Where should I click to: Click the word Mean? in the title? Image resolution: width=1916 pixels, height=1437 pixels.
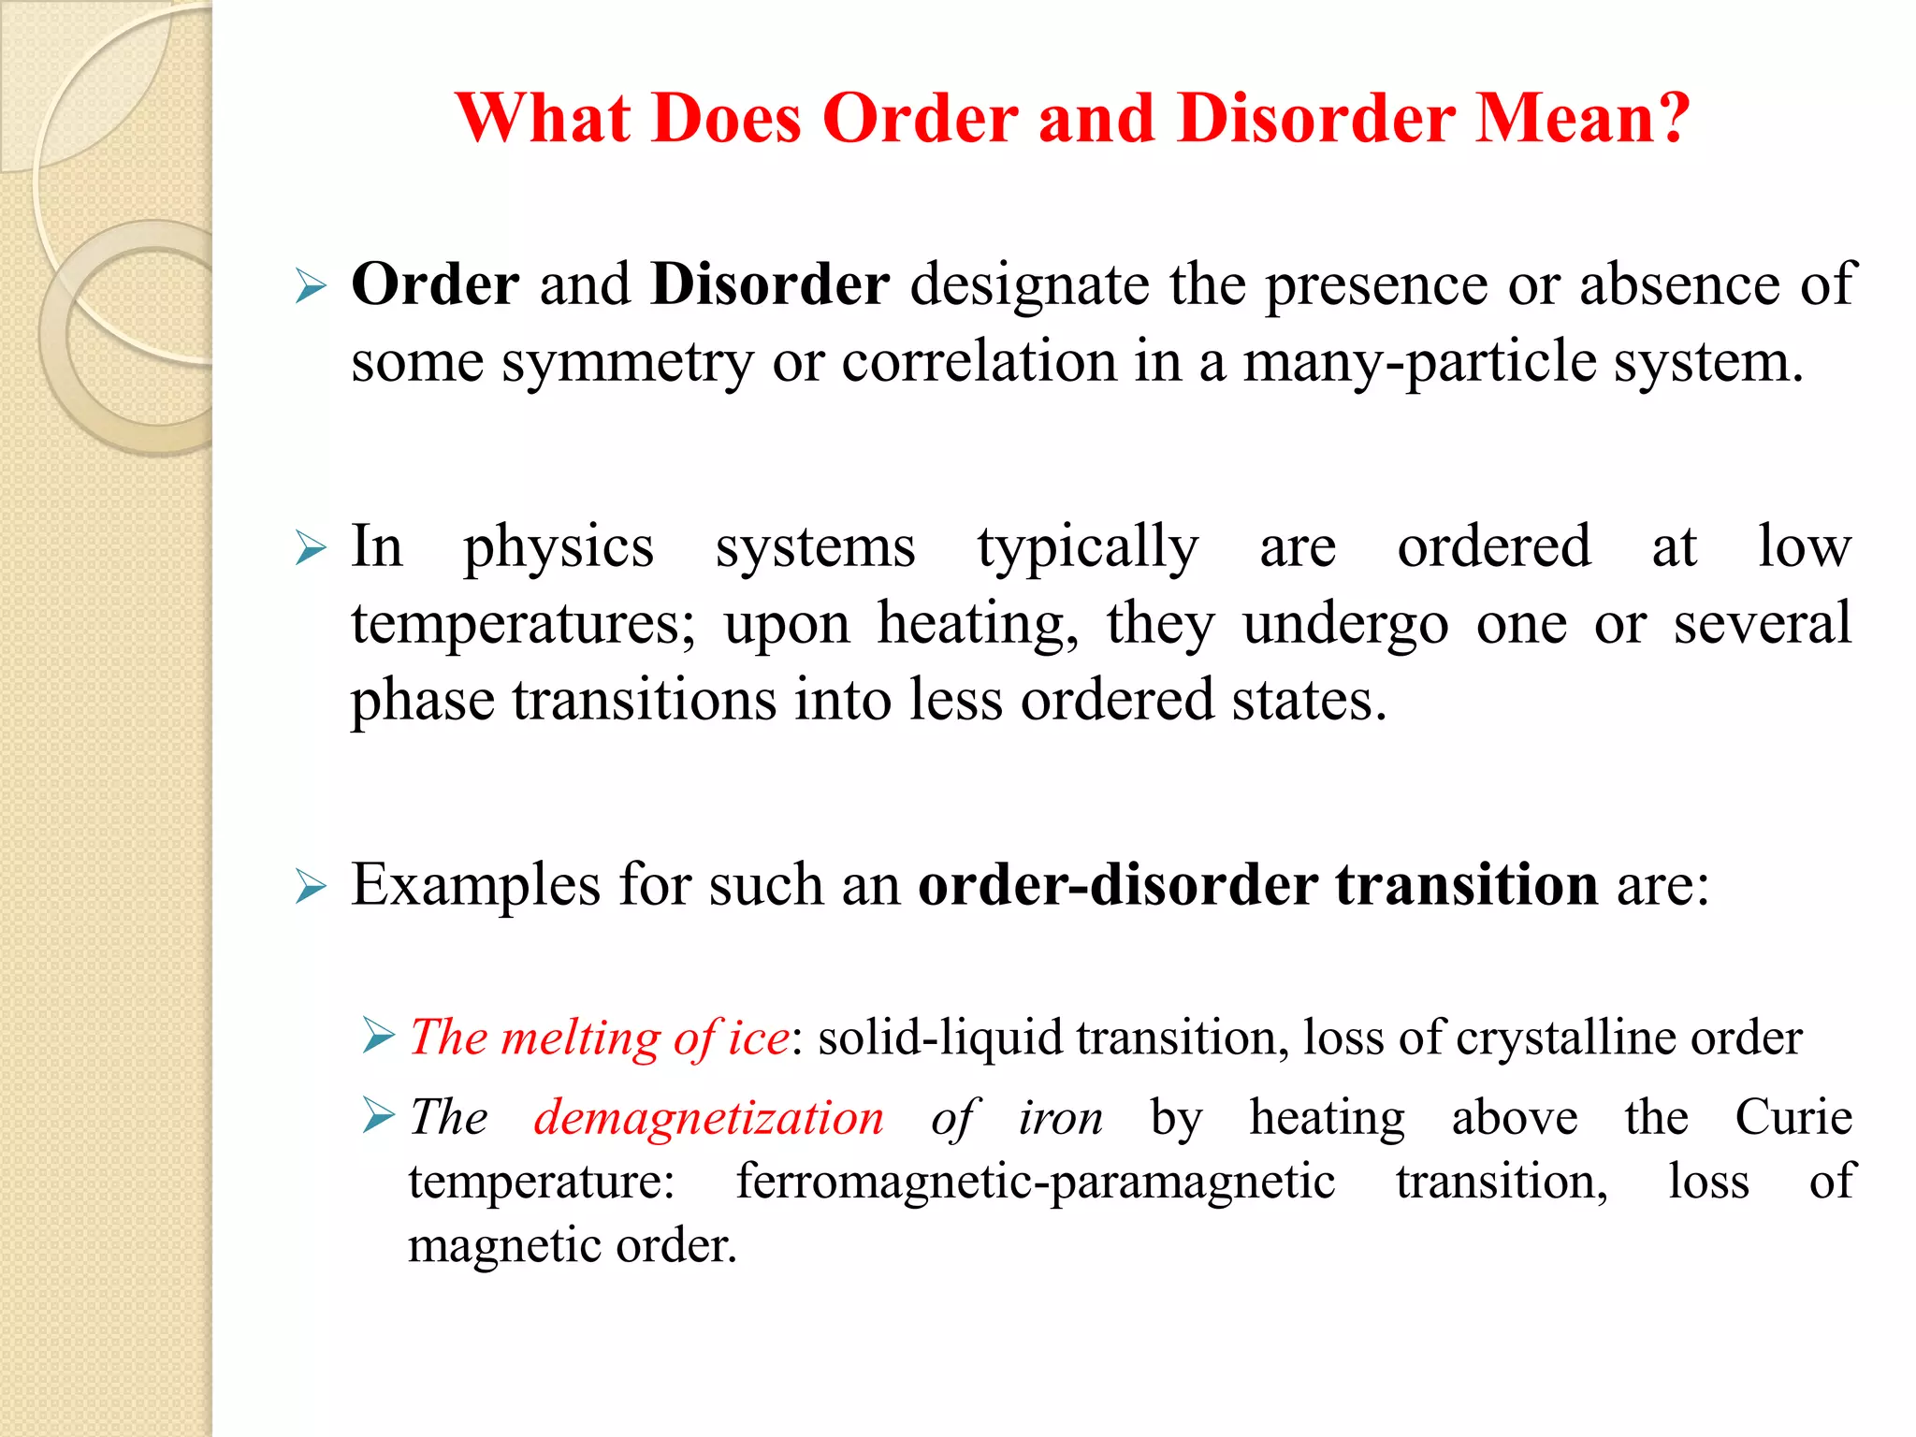(x=1583, y=119)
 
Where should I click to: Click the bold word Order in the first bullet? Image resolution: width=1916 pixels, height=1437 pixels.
(x=435, y=284)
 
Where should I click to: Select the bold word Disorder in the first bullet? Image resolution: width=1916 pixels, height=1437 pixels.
(x=770, y=284)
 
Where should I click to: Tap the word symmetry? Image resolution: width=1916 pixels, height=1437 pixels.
(x=627, y=363)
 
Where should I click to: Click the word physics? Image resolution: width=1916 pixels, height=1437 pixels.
(x=559, y=547)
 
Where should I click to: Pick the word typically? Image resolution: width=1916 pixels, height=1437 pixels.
(x=1087, y=547)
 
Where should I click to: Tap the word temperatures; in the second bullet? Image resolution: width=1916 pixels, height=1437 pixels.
(x=523, y=624)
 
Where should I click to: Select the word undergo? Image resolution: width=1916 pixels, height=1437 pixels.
(x=1345, y=624)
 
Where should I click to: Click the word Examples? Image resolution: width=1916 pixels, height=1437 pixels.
(x=475, y=885)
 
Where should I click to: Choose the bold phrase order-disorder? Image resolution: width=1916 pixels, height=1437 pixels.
(x=1117, y=885)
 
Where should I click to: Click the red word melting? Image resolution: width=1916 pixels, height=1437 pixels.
(x=580, y=1038)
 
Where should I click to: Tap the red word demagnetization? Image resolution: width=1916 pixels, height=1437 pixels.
(x=708, y=1118)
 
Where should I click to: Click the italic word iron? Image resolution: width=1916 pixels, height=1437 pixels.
(x=1060, y=1118)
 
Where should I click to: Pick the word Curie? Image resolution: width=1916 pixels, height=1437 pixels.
(x=1793, y=1118)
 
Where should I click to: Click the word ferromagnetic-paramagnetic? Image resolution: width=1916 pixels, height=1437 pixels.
(x=1035, y=1182)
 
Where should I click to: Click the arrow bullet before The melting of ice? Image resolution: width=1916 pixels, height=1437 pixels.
(x=378, y=1036)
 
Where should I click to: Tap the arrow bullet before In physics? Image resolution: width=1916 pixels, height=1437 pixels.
(x=311, y=548)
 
